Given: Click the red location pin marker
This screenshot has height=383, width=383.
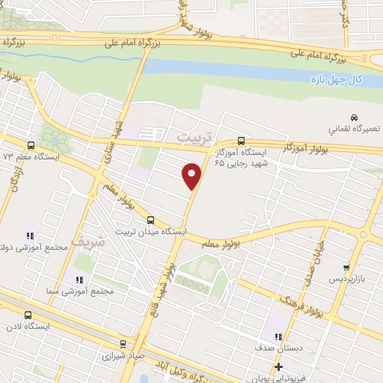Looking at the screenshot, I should pos(192,175).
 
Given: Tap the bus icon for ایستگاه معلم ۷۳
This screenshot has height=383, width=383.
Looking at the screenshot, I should pos(31,145).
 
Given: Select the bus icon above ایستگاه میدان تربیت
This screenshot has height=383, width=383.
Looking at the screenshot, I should pos(151,220).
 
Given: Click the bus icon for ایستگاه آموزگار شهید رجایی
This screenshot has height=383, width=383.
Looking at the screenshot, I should pos(241,140).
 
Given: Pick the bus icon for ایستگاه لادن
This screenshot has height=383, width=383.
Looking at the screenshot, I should pos(28,315).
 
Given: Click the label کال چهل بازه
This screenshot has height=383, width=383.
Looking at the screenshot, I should pos(337,79).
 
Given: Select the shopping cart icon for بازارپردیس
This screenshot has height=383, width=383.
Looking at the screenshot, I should pos(346,267).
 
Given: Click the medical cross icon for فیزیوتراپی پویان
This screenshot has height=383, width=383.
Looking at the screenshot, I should pos(278,367).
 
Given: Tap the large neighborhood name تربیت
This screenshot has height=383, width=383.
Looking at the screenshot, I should pos(196,138).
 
